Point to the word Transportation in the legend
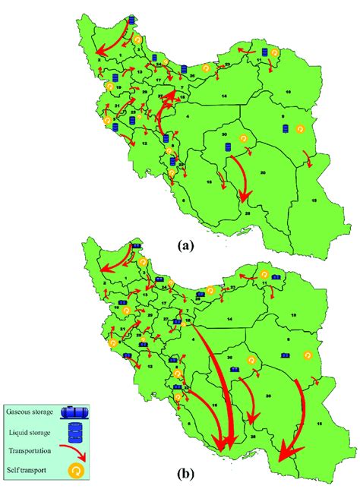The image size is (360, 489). coord(31,450)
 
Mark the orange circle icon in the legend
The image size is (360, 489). coord(75,467)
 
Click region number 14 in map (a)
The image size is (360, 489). coord(224,98)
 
